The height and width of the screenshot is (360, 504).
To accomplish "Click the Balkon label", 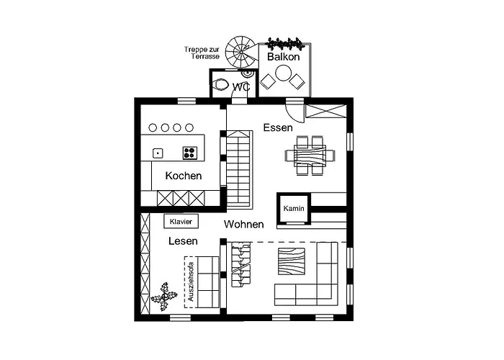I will pyautogui.click(x=283, y=56).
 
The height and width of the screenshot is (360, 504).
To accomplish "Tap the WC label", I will pyautogui.click(x=241, y=86).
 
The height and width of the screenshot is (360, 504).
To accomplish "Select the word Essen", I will pyautogui.click(x=278, y=128).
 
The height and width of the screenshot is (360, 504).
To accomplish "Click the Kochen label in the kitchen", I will pyautogui.click(x=183, y=176).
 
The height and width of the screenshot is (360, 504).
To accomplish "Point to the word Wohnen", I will pyautogui.click(x=243, y=225).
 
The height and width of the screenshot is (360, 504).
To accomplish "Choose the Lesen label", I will pyautogui.click(x=183, y=241).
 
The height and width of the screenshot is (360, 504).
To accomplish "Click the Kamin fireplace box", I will pyautogui.click(x=293, y=208).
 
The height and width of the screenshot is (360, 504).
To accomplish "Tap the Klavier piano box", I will pyautogui.click(x=181, y=222).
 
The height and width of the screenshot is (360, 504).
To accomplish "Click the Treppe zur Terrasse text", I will pyautogui.click(x=202, y=53).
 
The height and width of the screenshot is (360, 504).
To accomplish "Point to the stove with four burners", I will pyautogui.click(x=190, y=152).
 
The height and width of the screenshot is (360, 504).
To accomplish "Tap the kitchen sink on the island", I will pyautogui.click(x=158, y=152).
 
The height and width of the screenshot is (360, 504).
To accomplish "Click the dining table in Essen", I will pyautogui.click(x=305, y=155).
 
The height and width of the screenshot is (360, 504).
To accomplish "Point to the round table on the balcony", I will pyautogui.click(x=284, y=73).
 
